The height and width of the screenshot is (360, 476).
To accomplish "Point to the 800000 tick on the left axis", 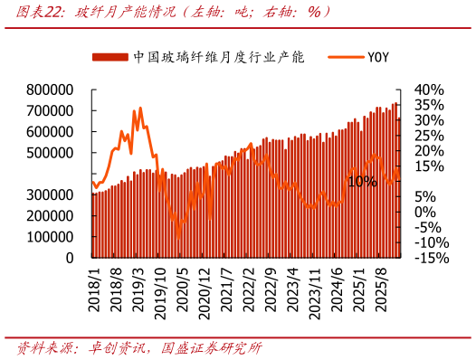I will (x=50, y=90).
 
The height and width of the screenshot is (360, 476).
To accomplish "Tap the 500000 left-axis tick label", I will (x=50, y=153).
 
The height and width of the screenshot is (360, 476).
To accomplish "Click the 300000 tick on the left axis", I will (x=50, y=194).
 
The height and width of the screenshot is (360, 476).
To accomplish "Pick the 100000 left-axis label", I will (x=50, y=237).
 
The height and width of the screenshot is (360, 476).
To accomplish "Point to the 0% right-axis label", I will (x=425, y=212).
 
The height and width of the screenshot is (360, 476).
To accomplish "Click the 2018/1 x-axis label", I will (x=94, y=289).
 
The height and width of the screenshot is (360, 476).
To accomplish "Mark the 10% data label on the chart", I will (x=362, y=181).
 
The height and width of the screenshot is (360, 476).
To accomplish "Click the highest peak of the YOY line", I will (x=139, y=109).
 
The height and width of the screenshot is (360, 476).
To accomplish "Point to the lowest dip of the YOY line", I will (x=178, y=237).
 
